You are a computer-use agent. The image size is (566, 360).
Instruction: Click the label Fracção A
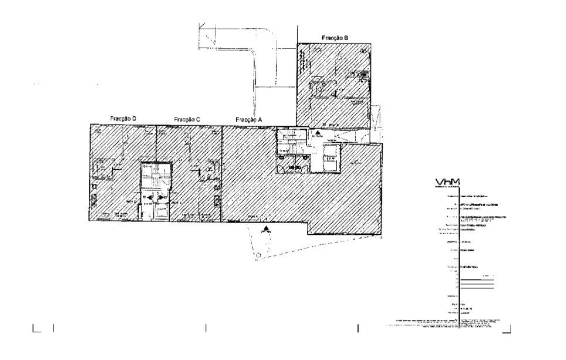[249, 119]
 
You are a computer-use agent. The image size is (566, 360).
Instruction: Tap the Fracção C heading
[187, 119]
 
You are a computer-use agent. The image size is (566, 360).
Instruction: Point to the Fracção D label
[123, 118]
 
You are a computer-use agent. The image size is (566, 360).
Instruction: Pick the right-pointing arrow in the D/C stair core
[161, 198]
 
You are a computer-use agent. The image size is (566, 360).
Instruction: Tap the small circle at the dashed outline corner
[258, 256]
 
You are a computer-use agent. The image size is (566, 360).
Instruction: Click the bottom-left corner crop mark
[36, 328]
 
